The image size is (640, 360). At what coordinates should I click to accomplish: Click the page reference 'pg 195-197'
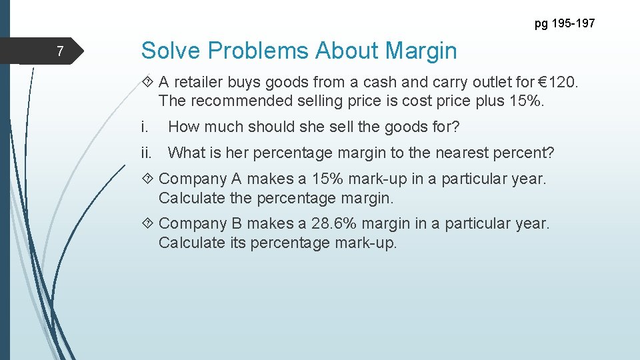565,24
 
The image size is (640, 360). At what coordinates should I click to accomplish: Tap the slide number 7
60,51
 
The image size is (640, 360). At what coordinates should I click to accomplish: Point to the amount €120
560,83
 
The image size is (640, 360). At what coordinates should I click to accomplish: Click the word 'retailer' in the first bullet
201,83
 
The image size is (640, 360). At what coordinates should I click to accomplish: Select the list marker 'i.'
145,127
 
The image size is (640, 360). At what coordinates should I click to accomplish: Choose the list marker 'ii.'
147,153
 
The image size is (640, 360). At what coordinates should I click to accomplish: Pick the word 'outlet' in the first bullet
489,83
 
